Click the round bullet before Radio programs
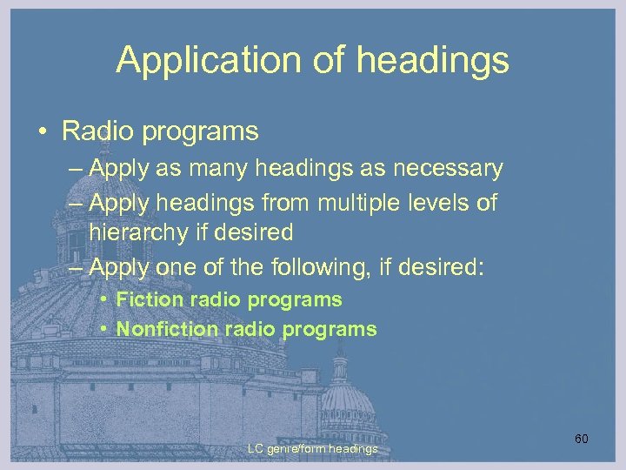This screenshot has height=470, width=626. click(43, 132)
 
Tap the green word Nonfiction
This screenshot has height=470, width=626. click(168, 329)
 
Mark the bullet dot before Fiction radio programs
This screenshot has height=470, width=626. click(103, 300)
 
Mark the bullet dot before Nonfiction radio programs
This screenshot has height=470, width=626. click(103, 330)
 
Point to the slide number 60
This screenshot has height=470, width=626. click(581, 439)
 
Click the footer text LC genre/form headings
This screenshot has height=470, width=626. click(312, 448)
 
